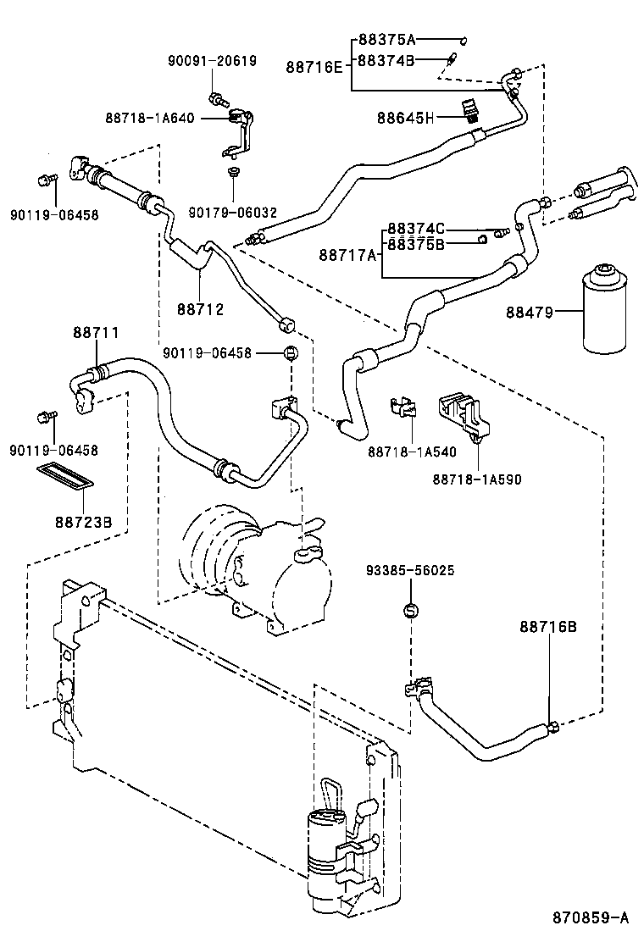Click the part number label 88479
[530, 313]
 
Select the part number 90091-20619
[212, 61]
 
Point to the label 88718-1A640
[150, 118]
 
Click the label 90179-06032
[232, 213]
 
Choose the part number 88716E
[314, 65]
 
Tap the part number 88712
[200, 309]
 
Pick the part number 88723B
[84, 521]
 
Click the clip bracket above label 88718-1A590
[463, 416]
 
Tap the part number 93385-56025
[410, 570]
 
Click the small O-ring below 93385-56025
[410, 609]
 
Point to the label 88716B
[547, 626]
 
